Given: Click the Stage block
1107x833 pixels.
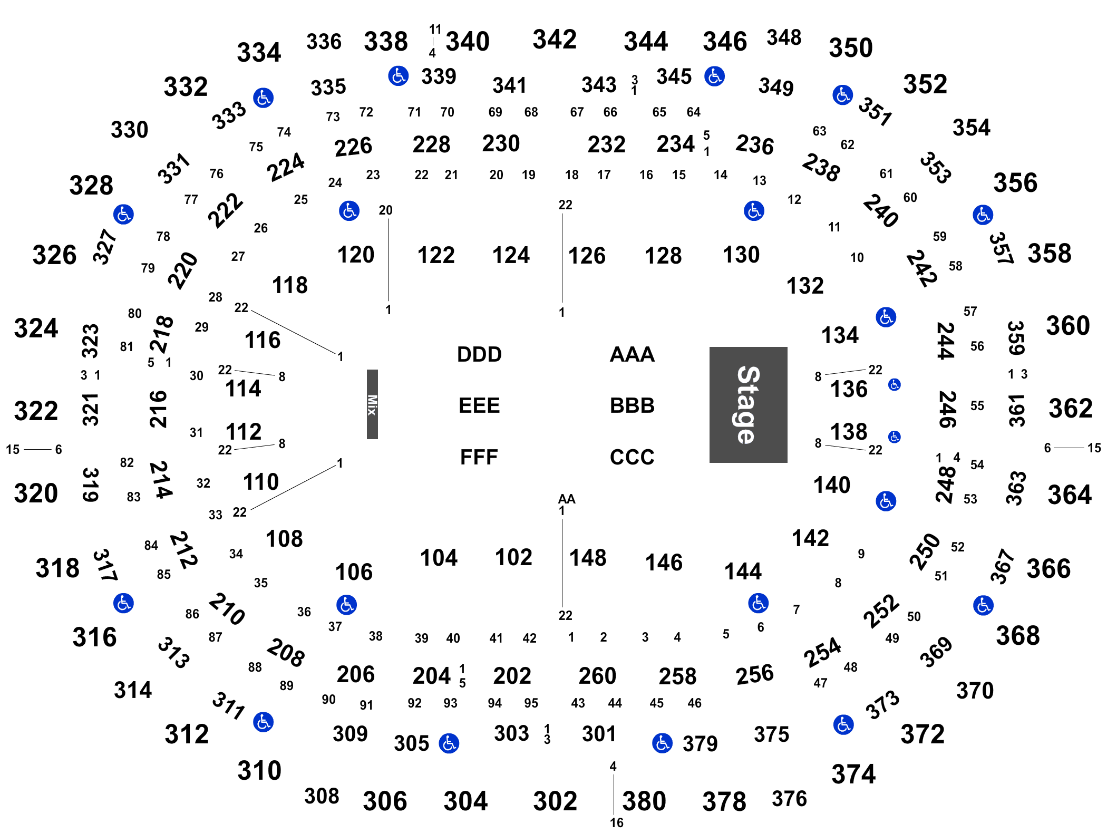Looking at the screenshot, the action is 748,404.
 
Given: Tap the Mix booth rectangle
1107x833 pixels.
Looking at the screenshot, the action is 372,404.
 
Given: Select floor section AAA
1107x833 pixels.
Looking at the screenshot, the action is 632,354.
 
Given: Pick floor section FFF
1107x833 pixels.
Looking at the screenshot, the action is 479,457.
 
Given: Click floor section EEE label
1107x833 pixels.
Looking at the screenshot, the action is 479,405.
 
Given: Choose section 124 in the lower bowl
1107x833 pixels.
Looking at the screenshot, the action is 511,255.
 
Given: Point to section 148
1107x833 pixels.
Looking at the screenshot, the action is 588,558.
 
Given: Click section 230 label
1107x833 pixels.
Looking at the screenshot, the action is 501,143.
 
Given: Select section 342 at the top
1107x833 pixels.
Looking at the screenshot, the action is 555,40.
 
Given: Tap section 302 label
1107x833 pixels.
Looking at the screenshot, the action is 555,801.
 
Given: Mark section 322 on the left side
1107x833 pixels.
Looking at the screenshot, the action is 36,411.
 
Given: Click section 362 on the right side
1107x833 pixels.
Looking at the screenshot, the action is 1071,409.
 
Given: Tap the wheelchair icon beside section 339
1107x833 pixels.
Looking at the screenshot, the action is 399,76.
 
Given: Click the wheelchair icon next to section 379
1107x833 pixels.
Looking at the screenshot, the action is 662,743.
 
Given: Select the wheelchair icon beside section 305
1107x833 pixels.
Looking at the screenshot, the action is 449,743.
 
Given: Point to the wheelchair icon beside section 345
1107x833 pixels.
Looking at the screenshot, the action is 714,76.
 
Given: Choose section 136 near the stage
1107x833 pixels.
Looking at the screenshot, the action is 849,389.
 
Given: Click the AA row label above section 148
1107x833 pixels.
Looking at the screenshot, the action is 567,499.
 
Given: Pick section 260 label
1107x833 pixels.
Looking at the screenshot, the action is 597,676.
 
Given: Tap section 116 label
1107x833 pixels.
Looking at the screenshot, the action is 263,340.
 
